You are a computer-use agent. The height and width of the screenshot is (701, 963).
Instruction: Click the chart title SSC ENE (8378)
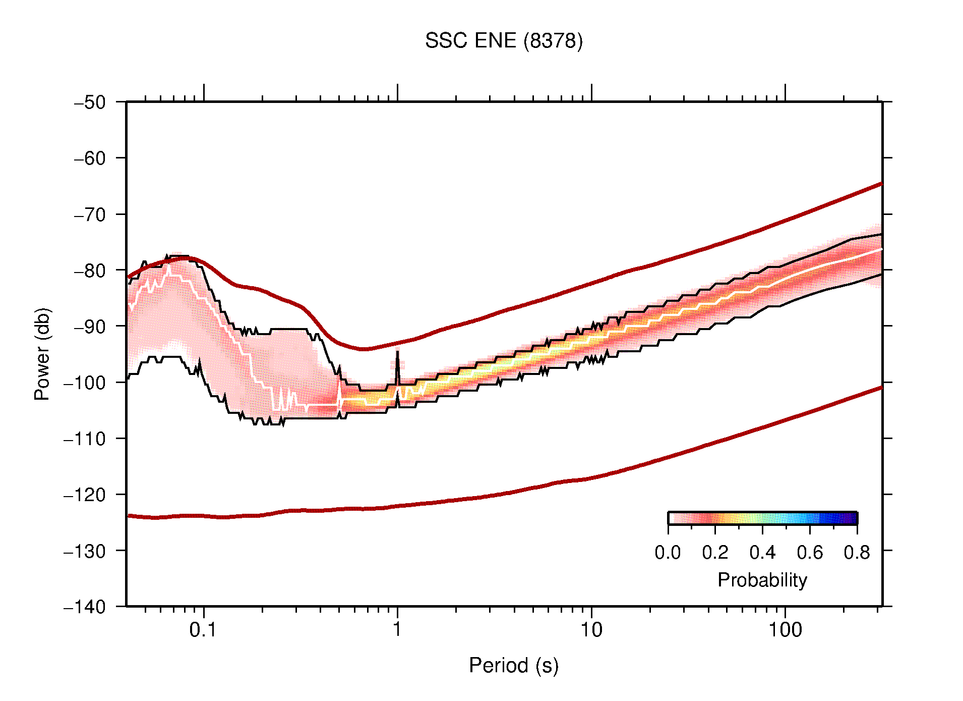(503, 41)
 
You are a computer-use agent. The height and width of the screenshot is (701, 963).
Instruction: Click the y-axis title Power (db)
(42, 354)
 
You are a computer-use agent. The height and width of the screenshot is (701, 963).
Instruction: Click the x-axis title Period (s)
(513, 666)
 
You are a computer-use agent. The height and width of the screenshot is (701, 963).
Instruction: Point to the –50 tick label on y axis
(90, 102)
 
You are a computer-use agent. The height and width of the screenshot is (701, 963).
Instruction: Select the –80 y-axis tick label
(90, 271)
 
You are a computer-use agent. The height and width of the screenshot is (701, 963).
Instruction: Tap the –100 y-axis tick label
(85, 383)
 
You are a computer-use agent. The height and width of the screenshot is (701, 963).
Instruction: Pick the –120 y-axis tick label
(85, 495)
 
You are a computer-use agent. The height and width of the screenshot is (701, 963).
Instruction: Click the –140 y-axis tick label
(85, 607)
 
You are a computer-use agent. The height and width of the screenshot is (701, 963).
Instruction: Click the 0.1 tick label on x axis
(203, 630)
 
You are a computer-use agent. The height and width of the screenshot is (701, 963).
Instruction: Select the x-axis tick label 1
(397, 630)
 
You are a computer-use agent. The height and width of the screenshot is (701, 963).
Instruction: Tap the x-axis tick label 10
(591, 630)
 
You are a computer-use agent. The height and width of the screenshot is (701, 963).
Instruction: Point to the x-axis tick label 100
(785, 630)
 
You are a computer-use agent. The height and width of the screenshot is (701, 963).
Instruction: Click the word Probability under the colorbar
(762, 580)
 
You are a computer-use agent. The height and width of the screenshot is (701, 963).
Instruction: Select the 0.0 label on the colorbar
(668, 553)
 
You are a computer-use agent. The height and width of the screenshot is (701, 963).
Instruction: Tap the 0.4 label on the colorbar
(762, 553)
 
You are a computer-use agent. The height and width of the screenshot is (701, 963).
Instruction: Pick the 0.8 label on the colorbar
(857, 553)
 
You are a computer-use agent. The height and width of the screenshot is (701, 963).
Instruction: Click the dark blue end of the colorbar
(852, 518)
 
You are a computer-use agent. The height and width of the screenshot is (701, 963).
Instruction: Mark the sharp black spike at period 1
(397, 353)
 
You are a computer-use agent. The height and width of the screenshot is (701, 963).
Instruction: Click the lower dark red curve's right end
(880, 388)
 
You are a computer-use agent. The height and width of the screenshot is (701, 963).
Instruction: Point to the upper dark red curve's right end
(880, 184)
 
